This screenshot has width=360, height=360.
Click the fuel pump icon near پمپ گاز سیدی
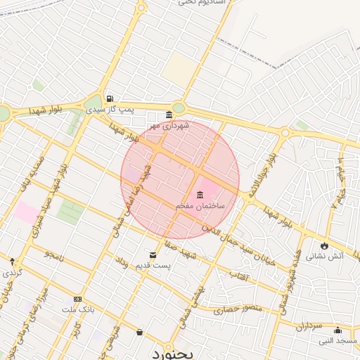click(x=109, y=99)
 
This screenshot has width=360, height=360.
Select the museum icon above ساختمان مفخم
click(x=200, y=195)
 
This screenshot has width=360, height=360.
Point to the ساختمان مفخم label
click(x=200, y=205)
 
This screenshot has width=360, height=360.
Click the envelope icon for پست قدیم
click(x=153, y=255)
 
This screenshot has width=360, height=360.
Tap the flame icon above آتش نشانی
click(x=324, y=245)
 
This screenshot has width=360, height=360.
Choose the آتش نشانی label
click(x=328, y=256)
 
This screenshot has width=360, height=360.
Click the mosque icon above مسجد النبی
click(x=337, y=330)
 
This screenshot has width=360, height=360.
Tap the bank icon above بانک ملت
click(x=77, y=299)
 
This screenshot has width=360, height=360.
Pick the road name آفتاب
click(x=240, y=276)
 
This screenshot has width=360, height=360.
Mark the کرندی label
click(x=11, y=271)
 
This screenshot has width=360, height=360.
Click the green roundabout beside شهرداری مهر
click(x=179, y=108)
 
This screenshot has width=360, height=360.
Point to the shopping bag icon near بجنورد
click(x=139, y=332)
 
